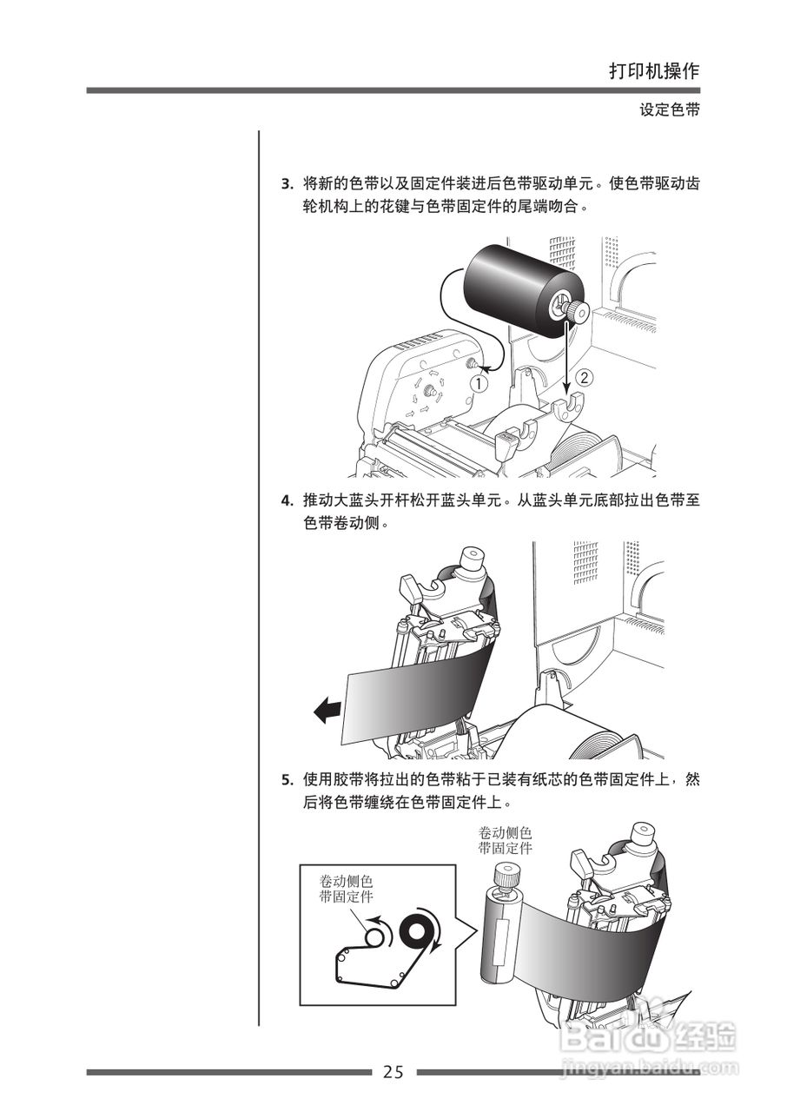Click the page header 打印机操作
tap(653, 71)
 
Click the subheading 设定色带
tap(669, 110)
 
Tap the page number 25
tap(393, 1072)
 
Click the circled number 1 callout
tap(479, 381)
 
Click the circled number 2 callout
tap(585, 377)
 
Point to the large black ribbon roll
tap(513, 287)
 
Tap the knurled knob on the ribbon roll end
tap(574, 308)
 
